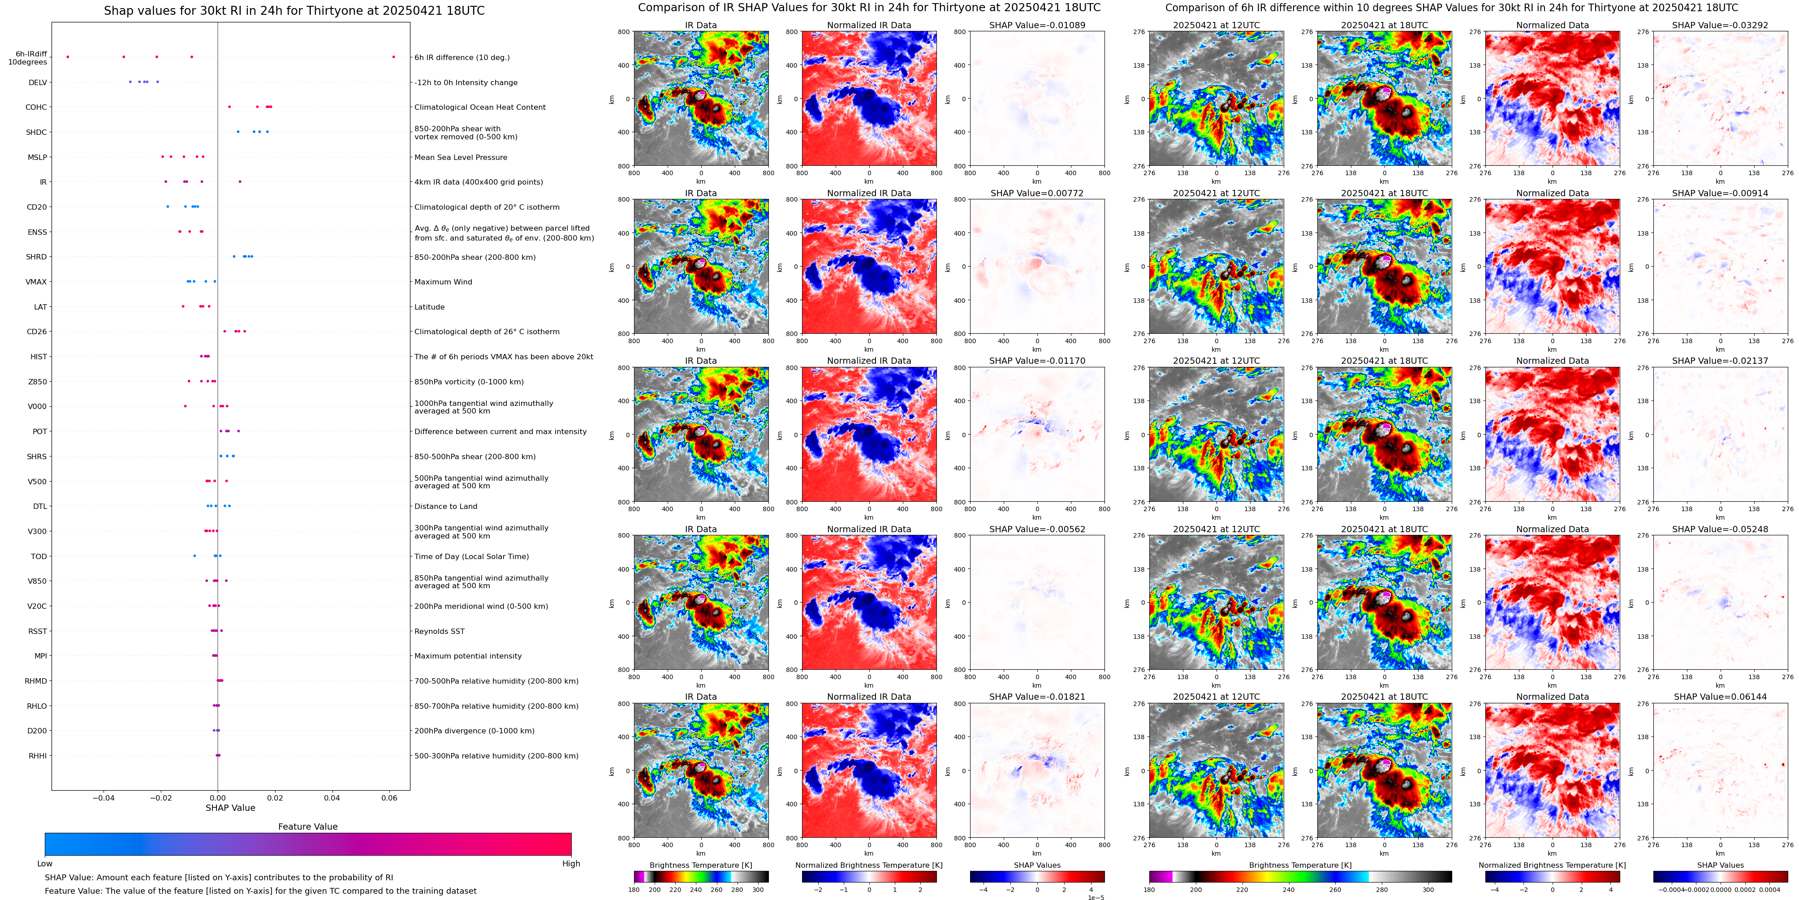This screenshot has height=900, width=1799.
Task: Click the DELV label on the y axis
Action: (38, 82)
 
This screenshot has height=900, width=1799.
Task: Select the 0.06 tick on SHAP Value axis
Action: (389, 798)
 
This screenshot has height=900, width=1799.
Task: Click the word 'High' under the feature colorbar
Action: (570, 864)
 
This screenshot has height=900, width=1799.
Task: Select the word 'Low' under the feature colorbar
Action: (45, 864)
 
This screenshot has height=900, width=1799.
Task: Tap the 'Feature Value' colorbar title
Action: (307, 827)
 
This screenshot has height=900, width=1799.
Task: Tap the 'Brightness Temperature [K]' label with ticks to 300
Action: (700, 865)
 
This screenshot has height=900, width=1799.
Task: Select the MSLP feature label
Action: (37, 158)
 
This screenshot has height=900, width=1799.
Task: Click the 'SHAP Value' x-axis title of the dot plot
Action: (230, 808)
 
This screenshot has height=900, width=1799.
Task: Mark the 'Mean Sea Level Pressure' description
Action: (460, 158)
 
